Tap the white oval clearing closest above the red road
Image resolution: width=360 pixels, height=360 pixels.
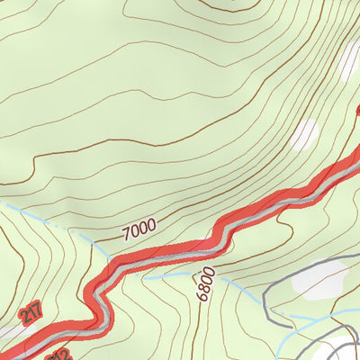coord(307,134)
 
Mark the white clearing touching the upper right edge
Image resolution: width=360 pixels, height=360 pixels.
coord(351,58)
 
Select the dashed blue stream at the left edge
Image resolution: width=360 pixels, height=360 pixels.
coord(4,206)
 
